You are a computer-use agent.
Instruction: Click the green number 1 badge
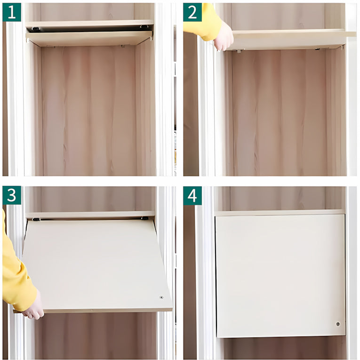(x=12, y=12)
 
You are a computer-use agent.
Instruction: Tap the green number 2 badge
(x=192, y=12)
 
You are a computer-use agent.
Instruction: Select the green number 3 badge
(x=12, y=195)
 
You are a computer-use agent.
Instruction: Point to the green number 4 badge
(x=192, y=196)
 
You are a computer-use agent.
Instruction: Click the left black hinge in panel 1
(x=35, y=29)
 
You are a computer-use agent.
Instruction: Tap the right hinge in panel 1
(x=144, y=27)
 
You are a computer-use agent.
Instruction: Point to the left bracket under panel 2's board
(x=239, y=51)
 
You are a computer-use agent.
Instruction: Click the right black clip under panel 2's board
(x=318, y=49)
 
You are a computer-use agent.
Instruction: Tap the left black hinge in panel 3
(x=36, y=219)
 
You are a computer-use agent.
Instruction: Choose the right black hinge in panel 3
(x=144, y=218)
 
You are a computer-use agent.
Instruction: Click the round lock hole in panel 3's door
(x=161, y=297)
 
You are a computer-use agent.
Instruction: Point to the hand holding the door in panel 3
(x=34, y=306)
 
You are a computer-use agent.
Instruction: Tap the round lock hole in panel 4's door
(x=338, y=324)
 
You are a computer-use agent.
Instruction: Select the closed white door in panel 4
(x=280, y=276)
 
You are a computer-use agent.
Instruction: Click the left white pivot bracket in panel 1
(x=28, y=40)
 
